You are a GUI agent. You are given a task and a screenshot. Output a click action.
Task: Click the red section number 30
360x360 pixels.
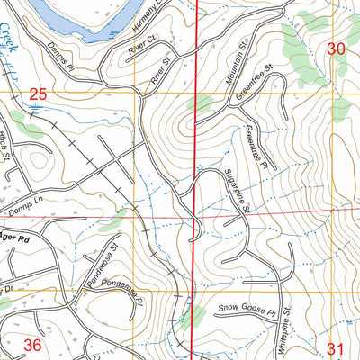point(337,49)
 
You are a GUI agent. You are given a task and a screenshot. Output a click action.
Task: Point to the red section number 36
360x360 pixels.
point(31,345)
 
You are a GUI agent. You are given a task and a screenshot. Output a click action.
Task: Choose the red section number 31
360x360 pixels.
point(337,347)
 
